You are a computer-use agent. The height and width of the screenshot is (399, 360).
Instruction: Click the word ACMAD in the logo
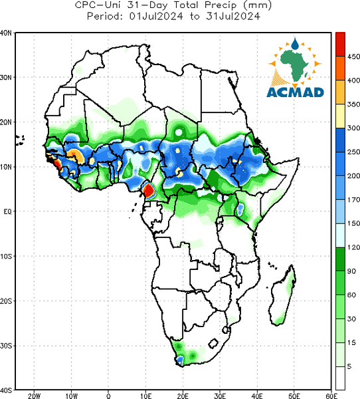[295, 92]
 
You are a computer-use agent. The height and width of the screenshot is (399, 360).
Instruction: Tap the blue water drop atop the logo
[295, 44]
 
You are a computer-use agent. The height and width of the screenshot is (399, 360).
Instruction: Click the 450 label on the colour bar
[353, 57]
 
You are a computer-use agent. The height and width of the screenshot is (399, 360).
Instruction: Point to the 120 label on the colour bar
[353, 247]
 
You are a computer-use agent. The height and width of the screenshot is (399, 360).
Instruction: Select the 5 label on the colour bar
[349, 366]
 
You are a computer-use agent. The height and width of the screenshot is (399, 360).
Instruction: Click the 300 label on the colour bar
[353, 128]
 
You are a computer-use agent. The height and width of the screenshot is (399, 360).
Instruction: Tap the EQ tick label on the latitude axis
[7, 211]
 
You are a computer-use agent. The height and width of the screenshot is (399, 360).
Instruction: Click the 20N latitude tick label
[6, 122]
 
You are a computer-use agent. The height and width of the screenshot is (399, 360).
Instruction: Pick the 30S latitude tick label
[6, 346]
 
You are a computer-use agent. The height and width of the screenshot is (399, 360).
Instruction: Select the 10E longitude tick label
[145, 396]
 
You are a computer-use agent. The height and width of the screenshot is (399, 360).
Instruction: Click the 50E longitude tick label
[294, 396]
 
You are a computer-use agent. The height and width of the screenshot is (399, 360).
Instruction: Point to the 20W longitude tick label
[35, 396]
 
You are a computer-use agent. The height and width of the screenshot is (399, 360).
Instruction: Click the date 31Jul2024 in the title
[233, 16]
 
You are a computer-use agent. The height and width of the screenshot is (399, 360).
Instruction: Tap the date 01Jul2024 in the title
[156, 16]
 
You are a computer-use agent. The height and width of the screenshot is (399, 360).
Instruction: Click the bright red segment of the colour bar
[340, 45]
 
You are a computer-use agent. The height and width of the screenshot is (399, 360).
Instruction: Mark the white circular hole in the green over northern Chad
[179, 132]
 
